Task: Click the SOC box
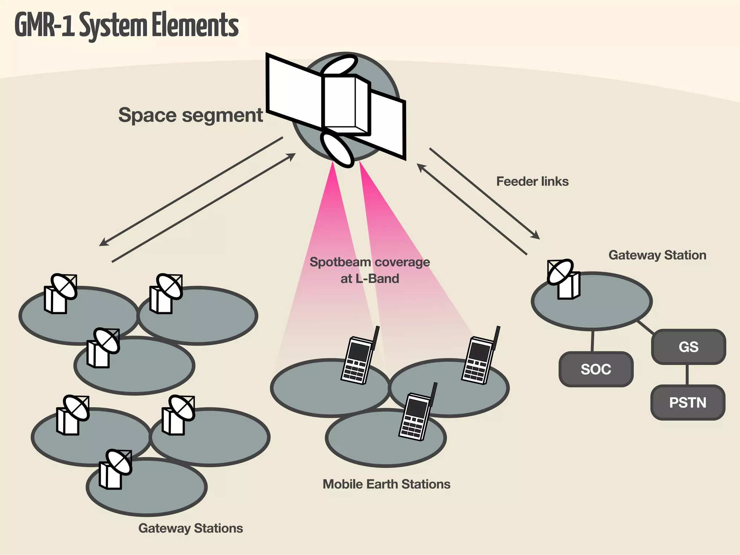(x=596, y=369)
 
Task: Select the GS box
(x=688, y=347)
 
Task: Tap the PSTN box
(x=688, y=403)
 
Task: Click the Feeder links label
(x=532, y=181)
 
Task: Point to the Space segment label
(x=190, y=115)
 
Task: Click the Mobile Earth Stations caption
(x=386, y=484)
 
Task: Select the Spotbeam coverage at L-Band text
(x=370, y=270)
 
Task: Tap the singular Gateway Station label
(x=657, y=255)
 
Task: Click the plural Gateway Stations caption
(x=190, y=528)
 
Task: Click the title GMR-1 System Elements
(x=126, y=25)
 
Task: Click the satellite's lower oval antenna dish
(x=338, y=150)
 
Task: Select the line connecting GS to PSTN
(x=687, y=374)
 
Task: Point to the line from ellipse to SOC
(x=593, y=341)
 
